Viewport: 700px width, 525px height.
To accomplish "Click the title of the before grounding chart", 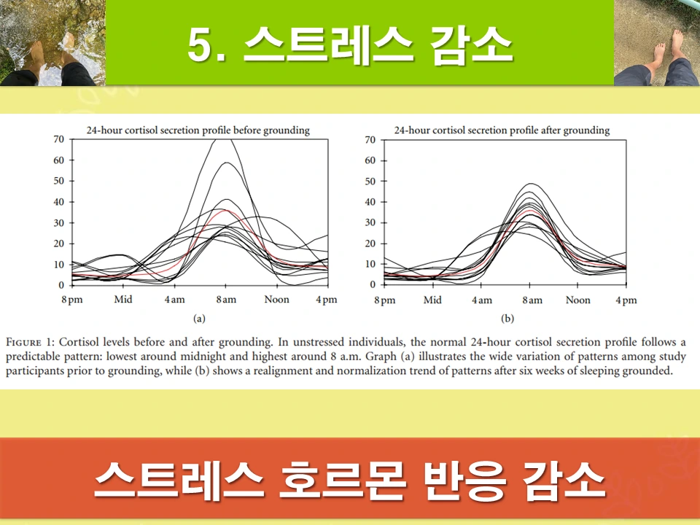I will point(198,131).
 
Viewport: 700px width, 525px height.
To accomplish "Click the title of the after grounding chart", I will point(502,131).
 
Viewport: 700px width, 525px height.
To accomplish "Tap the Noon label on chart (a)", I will point(276,300).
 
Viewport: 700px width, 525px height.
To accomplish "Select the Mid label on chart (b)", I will point(432,300).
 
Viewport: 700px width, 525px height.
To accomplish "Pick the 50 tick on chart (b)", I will point(370,181).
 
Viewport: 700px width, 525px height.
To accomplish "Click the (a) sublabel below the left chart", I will point(198,319).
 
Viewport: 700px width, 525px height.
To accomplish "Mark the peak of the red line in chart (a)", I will point(227,210).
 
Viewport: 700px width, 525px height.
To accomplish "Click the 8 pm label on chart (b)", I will point(384,300).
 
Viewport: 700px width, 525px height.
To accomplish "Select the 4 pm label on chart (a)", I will point(326,300).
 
